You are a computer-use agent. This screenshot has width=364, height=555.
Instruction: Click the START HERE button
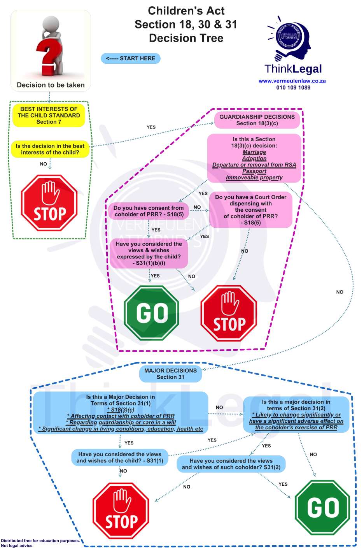point(131,58)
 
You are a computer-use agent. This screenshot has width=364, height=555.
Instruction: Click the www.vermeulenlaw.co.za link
point(292,81)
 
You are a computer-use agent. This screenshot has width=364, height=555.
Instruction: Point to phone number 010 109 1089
point(293,88)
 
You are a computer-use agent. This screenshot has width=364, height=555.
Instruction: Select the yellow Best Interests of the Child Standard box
point(49,116)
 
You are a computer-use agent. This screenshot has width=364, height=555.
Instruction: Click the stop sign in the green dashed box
point(49,203)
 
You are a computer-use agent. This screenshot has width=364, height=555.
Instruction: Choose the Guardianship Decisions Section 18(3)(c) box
point(257,120)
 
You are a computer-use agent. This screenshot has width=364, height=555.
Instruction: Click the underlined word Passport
point(254,171)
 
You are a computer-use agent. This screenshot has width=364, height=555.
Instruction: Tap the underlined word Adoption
point(254,158)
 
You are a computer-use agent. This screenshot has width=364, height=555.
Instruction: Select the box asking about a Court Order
point(250,210)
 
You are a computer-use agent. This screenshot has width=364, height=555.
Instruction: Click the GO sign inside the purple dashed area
point(151,313)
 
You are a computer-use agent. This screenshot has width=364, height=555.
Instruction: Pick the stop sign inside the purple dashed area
point(229,313)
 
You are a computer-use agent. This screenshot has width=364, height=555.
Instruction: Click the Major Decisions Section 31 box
point(170,374)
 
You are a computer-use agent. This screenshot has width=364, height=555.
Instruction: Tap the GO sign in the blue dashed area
point(322,508)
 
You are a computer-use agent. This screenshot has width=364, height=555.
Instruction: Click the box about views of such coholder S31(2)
point(231,464)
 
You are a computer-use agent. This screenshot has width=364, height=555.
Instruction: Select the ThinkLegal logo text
point(293,69)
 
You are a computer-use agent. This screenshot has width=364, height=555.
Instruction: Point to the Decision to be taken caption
point(51,85)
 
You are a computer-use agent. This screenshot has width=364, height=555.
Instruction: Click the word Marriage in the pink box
point(254,152)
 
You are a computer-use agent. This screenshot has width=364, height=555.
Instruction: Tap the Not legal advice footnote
point(17,546)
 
